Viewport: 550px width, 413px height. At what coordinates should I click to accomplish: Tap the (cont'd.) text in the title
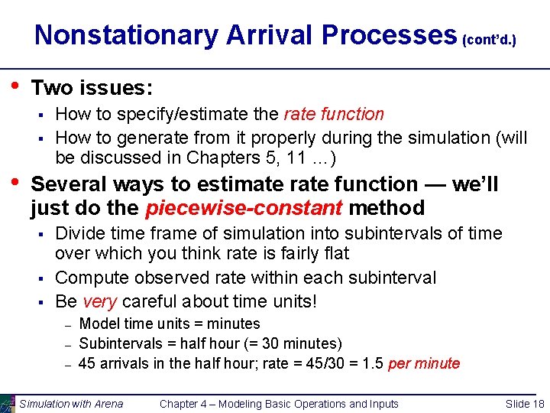click(490, 38)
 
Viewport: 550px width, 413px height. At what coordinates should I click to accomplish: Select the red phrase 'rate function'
click(334, 114)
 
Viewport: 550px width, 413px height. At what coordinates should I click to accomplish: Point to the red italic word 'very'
click(99, 301)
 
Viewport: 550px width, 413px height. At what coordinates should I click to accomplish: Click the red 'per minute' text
click(424, 363)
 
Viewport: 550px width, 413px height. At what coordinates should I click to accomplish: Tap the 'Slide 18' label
click(525, 404)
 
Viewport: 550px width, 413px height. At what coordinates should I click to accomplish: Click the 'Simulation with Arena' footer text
click(71, 404)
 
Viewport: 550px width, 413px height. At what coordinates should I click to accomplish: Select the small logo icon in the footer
click(8, 403)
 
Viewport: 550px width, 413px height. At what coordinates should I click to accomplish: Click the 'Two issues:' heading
click(92, 88)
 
